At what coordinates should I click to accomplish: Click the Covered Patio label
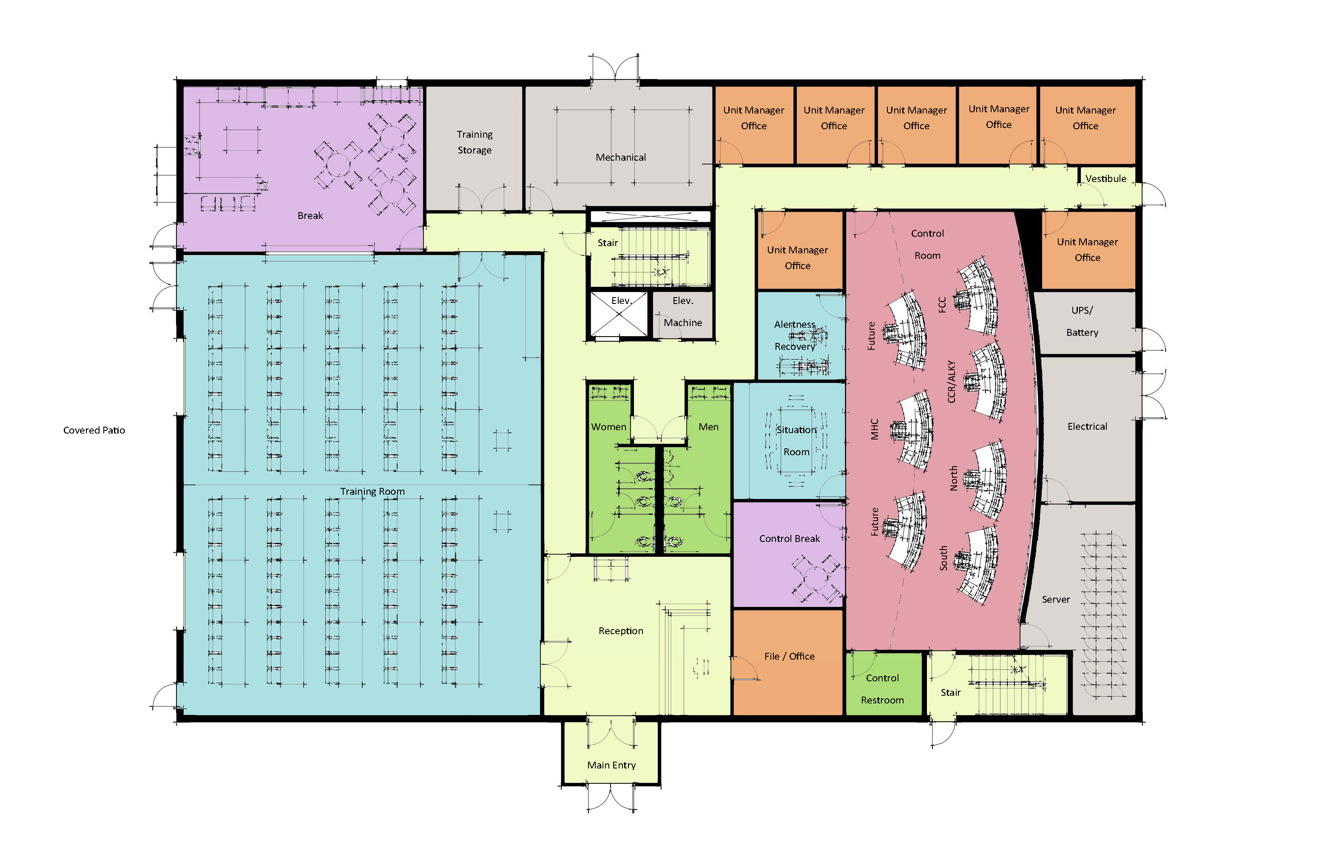tap(94, 430)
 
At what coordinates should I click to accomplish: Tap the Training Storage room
tap(474, 142)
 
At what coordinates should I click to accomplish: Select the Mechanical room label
tap(620, 157)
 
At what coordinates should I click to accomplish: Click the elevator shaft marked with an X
tap(619, 315)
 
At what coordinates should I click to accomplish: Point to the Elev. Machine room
tap(683, 312)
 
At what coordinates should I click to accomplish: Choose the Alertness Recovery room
tap(796, 336)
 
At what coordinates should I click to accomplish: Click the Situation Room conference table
tap(796, 441)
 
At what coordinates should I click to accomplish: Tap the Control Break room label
tap(789, 539)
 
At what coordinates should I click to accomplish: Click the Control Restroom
tap(882, 689)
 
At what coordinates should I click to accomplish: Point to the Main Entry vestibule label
tap(611, 765)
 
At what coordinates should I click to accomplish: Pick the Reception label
tap(620, 631)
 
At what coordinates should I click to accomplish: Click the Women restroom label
tap(608, 427)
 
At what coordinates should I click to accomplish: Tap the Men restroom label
tap(708, 427)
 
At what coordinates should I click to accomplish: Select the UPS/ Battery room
tap(1082, 322)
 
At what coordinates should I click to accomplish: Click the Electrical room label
tap(1087, 426)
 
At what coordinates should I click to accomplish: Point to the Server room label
tap(1055, 599)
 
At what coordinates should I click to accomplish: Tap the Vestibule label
tap(1105, 179)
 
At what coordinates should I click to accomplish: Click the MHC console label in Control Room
tap(875, 429)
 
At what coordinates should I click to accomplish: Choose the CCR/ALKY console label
tap(951, 381)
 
